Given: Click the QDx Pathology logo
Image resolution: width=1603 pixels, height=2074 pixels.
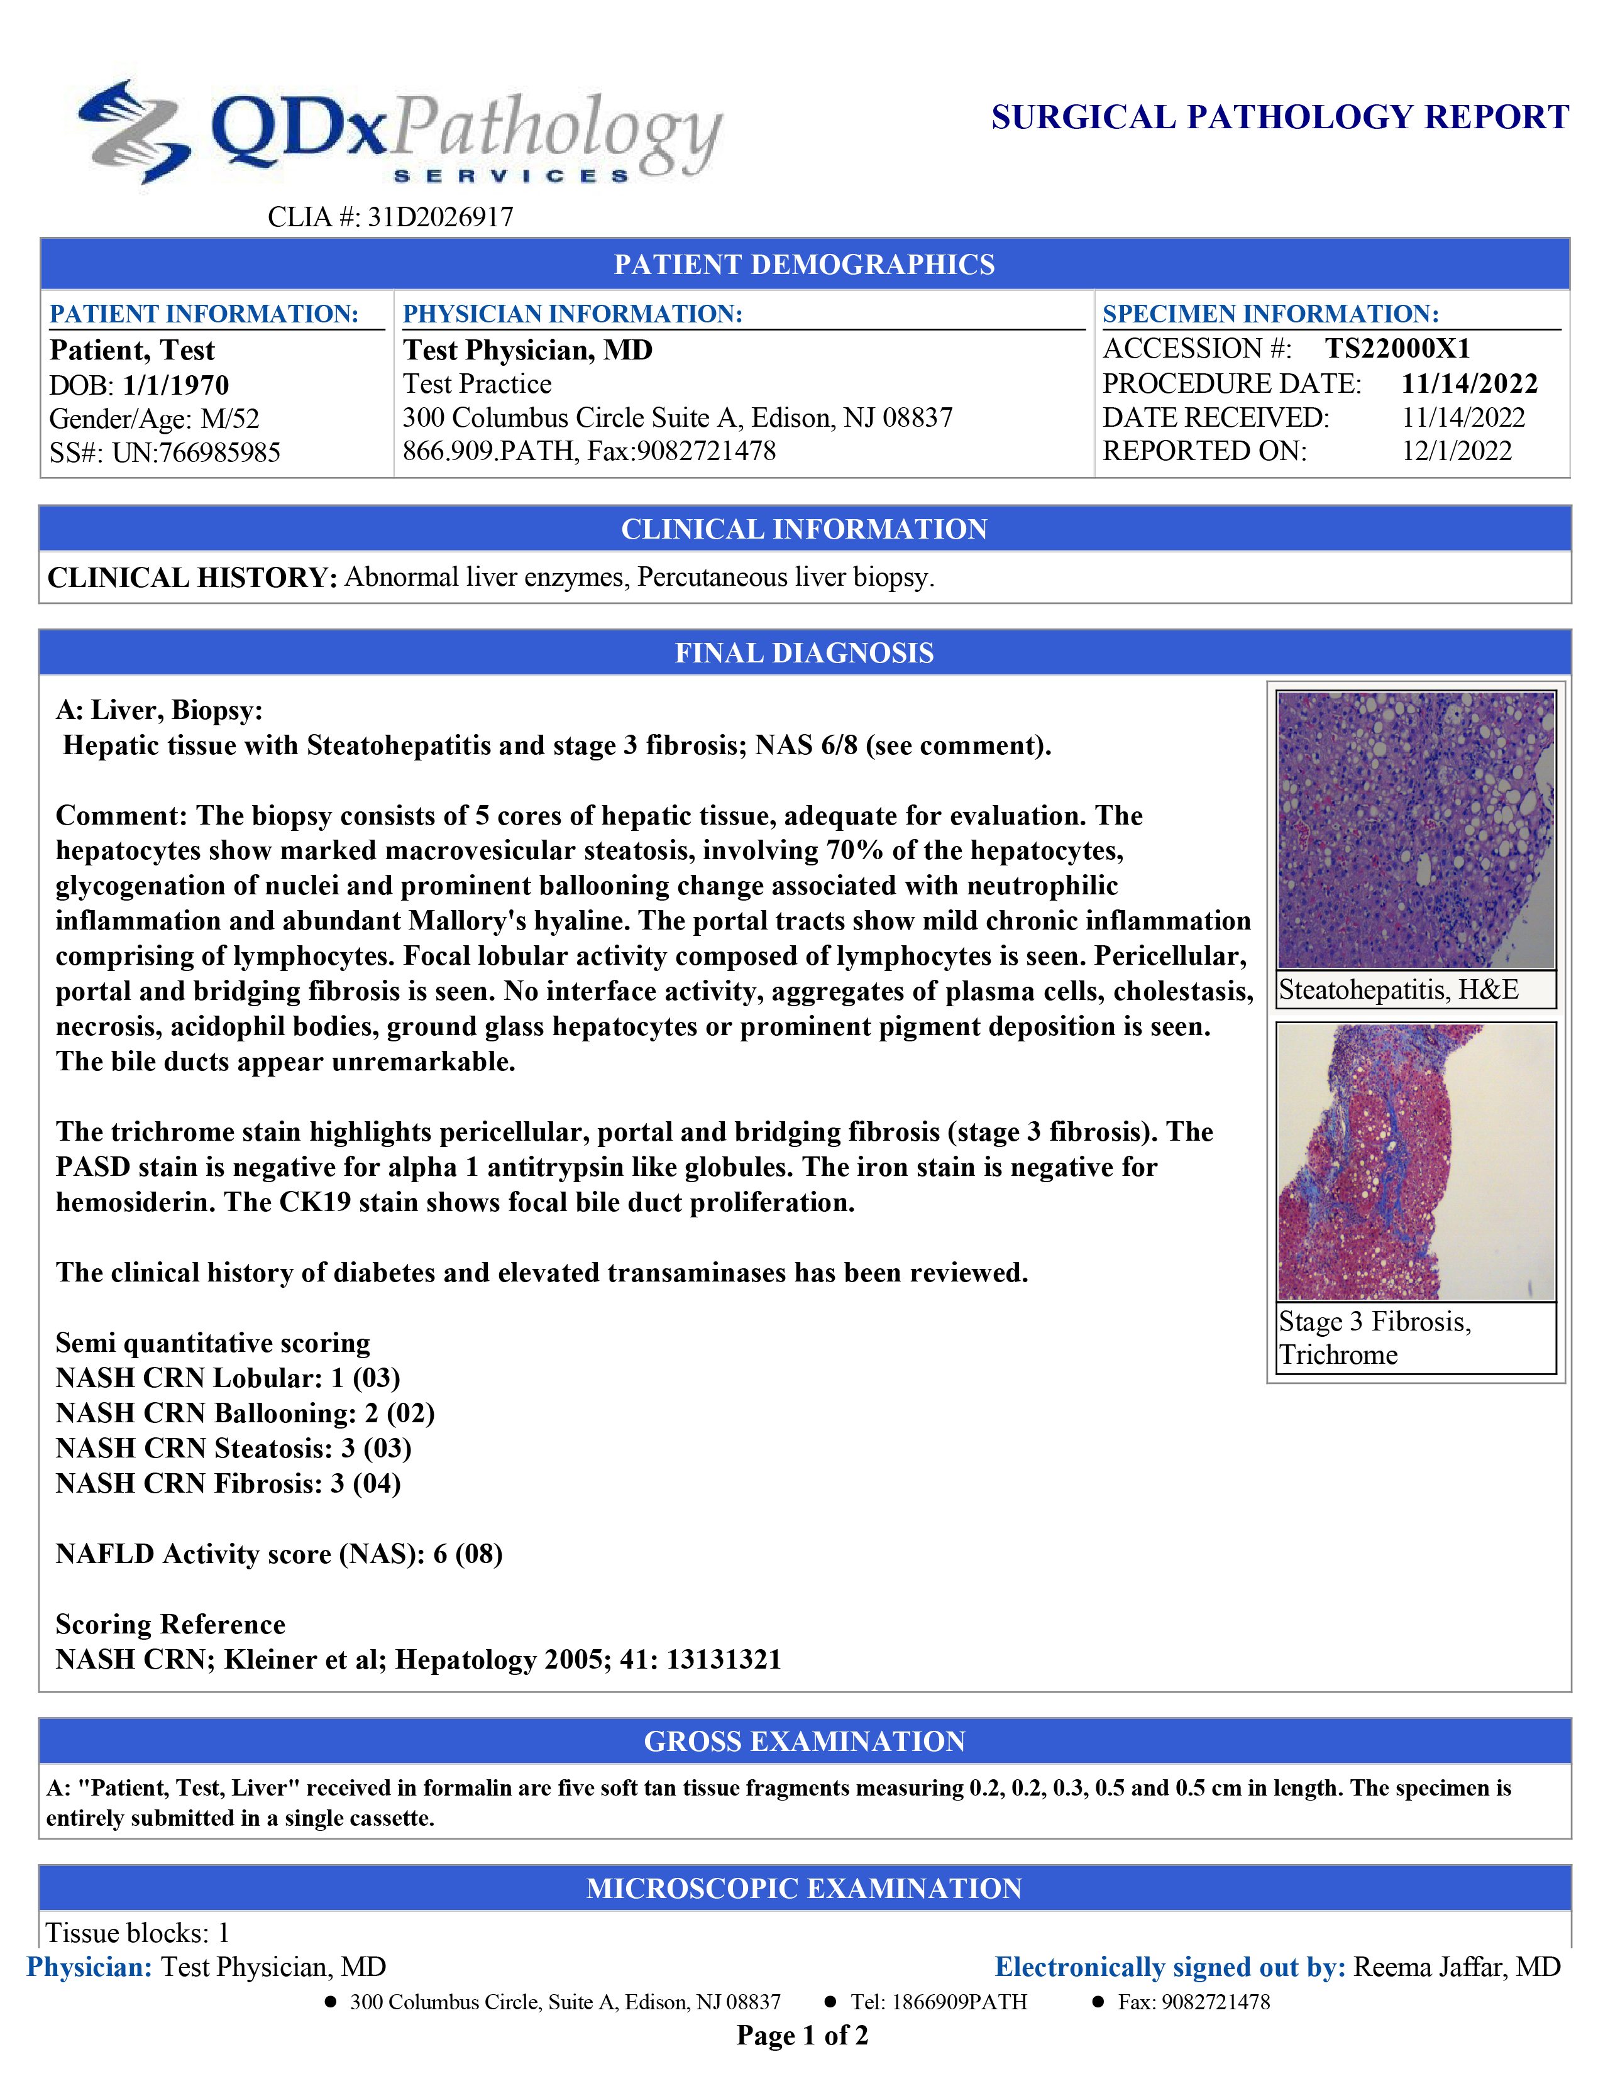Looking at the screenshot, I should coord(399,133).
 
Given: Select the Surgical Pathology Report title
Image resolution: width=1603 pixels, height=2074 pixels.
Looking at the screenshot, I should coord(1279,117).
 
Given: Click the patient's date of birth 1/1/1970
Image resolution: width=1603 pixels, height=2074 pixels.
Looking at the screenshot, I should coord(175,385).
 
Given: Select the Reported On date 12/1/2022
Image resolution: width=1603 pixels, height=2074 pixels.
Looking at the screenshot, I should coord(1456,451).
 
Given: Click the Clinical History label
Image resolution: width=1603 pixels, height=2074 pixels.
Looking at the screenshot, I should coord(192,578).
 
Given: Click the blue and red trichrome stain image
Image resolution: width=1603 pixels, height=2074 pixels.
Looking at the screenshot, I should coord(1415,1161).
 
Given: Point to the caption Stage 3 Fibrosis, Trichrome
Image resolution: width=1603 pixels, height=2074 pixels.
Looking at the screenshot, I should coord(1374,1337).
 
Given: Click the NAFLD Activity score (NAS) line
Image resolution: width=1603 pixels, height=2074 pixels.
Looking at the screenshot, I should coord(278,1554).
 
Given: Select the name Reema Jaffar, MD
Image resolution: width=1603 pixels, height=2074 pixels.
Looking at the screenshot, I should coord(1456,1967).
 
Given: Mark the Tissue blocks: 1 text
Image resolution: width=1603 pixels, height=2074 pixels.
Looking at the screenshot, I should coord(138,1933).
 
